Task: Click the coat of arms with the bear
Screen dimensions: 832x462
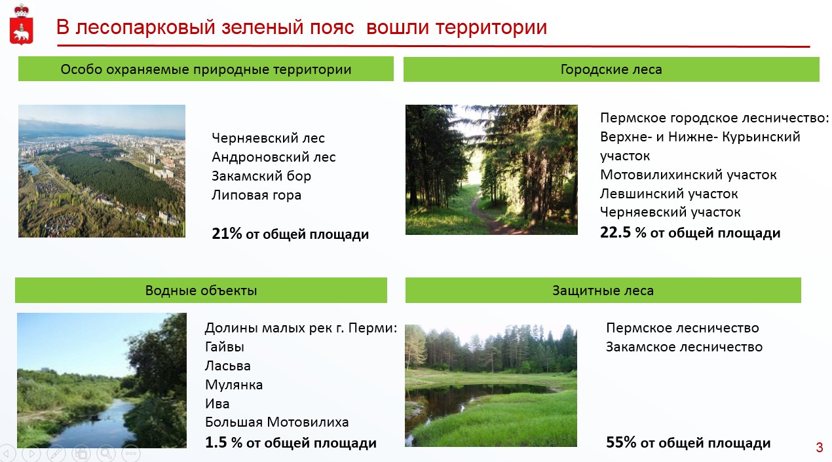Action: click(21, 24)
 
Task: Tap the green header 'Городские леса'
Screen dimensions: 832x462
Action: click(611, 69)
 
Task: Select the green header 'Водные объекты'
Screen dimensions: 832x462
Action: click(201, 290)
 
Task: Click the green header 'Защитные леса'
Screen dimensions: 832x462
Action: click(603, 290)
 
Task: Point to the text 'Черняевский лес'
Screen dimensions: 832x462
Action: click(268, 138)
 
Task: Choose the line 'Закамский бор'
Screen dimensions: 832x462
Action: click(261, 176)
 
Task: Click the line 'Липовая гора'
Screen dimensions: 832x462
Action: click(256, 195)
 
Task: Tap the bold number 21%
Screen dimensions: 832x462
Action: click(227, 234)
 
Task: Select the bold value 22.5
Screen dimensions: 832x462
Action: click(615, 232)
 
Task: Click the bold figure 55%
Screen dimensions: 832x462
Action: click(621, 442)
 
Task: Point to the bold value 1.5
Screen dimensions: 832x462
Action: click(216, 442)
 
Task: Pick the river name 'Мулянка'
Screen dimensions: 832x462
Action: click(234, 385)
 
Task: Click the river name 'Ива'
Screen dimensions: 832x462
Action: click(217, 404)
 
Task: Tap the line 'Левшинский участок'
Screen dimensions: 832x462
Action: click(669, 194)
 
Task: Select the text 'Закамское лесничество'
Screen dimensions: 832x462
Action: click(684, 347)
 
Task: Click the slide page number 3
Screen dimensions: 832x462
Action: click(820, 448)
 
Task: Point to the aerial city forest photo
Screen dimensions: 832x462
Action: click(102, 171)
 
